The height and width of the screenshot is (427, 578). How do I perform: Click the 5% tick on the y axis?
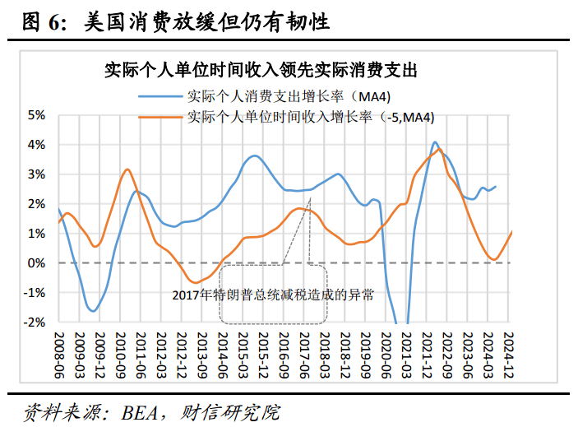point(35,114)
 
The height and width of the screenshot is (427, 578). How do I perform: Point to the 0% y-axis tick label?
point(35,263)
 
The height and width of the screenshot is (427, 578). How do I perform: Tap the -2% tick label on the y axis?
point(34,323)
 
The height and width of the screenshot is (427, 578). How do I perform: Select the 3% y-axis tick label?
point(35,174)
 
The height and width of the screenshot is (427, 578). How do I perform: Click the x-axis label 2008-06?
point(59,355)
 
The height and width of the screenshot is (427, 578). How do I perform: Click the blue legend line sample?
point(164,95)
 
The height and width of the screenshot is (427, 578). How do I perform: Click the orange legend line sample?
point(164,117)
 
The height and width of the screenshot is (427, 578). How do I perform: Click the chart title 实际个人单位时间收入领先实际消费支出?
point(261,71)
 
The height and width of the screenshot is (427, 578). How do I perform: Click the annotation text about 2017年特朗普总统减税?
point(273,294)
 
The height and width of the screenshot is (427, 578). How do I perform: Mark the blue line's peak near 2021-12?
point(435,142)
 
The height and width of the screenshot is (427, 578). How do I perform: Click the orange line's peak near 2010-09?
point(127,169)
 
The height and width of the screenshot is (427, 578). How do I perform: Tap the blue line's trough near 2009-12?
point(94,311)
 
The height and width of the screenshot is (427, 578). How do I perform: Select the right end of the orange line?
point(511,231)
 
